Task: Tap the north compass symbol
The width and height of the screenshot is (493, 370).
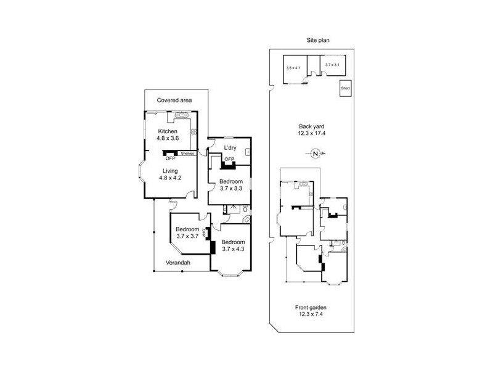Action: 315,154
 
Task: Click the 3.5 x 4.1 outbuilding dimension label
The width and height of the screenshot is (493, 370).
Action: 293,67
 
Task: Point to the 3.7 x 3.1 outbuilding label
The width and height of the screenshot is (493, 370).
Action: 333,65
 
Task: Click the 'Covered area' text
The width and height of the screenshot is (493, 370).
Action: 174,100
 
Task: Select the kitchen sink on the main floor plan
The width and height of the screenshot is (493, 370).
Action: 181,115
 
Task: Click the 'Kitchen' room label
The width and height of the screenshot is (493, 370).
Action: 168,131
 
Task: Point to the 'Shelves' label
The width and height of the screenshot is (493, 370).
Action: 188,154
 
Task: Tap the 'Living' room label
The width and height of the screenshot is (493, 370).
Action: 170,171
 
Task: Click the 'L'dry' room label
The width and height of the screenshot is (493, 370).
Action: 230,147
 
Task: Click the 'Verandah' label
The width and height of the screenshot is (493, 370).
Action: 178,263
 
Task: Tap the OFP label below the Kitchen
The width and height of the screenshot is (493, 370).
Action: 170,158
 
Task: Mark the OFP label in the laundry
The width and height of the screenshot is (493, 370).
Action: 229,160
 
